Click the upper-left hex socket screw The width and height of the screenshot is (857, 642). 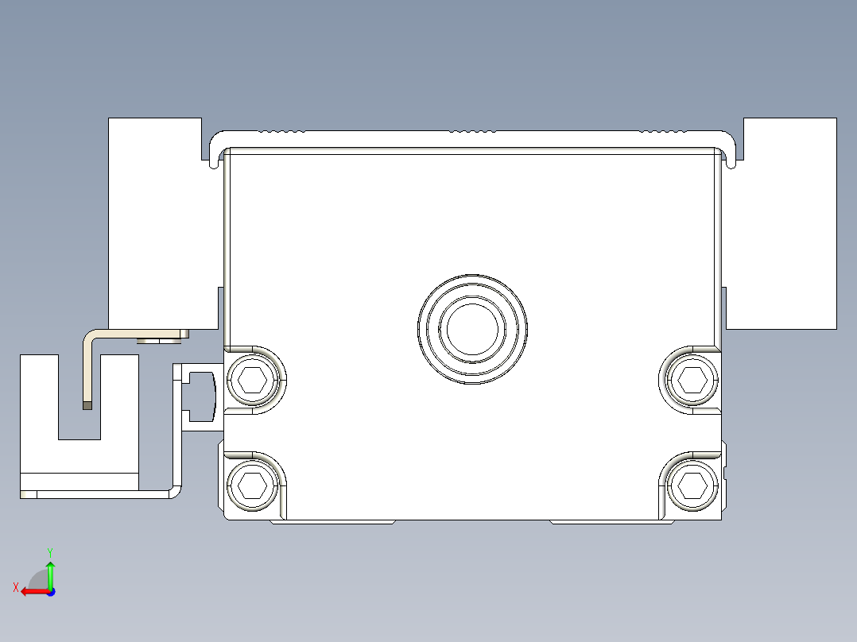pos(252,381)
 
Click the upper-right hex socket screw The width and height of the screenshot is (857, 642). pos(690,381)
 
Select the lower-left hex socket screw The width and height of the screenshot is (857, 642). pos(252,484)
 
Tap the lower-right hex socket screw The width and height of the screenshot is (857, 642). pos(690,484)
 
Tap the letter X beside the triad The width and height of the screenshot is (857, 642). pos(15,587)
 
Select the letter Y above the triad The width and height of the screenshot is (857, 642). pos(49,551)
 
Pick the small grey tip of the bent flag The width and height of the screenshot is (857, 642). pos(87,404)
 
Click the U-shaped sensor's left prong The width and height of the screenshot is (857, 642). pos(39,397)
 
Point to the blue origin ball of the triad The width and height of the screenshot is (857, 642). pos(50,591)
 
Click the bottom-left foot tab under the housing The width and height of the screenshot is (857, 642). pos(333,522)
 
